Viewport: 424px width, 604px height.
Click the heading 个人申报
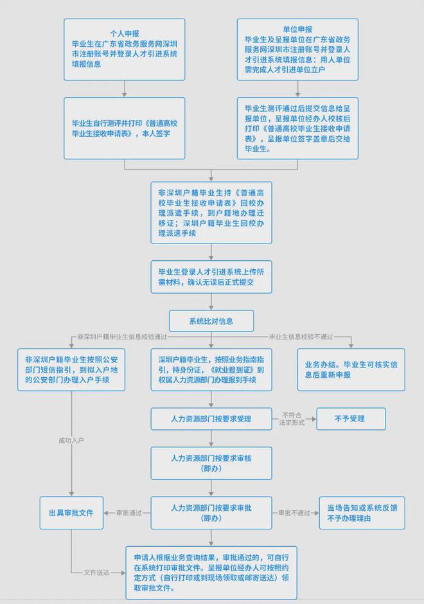tap(125, 33)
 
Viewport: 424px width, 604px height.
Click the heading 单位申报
tap(297, 30)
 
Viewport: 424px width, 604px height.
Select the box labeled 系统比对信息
tap(211, 321)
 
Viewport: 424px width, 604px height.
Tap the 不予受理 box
tap(351, 419)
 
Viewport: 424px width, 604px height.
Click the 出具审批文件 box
tap(71, 513)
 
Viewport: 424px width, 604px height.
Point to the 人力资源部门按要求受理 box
tap(211, 419)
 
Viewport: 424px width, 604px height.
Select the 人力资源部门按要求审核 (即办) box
tap(211, 463)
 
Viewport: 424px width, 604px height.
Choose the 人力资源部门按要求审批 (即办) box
tap(211, 513)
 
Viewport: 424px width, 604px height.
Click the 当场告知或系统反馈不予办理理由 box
tap(362, 513)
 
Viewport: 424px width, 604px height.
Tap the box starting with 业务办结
tap(351, 370)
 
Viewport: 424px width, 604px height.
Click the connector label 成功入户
tap(71, 440)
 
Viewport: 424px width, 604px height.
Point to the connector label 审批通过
tap(129, 513)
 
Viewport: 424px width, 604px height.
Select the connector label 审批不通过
tap(294, 513)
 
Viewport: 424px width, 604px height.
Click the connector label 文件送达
tap(96, 573)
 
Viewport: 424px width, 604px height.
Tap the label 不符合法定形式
tap(292, 419)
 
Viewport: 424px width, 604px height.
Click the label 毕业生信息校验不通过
tap(301, 337)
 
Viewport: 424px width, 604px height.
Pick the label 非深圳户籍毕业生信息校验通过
tap(122, 337)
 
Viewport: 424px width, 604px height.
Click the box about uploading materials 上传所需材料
tap(211, 276)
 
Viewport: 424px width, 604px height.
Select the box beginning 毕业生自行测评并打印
tap(125, 129)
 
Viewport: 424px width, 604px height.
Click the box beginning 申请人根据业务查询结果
tap(211, 573)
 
